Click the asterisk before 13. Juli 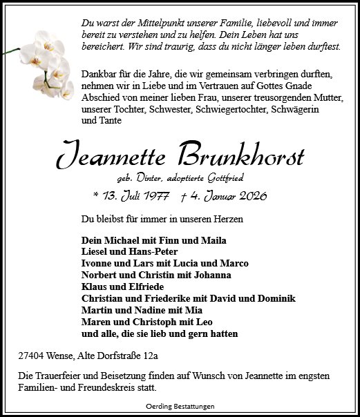pyautogui.click(x=95, y=197)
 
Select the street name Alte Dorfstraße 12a pyautogui.click(x=119, y=356)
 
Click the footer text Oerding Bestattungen pyautogui.click(x=180, y=407)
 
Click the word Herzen pyautogui.click(x=225, y=220)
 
